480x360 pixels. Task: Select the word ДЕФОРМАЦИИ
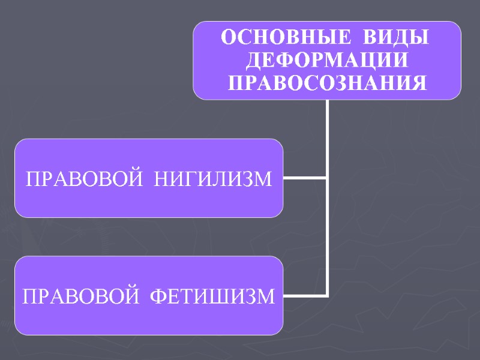click(328, 60)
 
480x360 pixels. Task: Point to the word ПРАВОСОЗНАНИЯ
click(328, 82)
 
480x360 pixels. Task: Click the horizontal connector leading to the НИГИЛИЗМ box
click(305, 178)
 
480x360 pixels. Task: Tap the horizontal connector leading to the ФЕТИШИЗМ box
click(305, 295)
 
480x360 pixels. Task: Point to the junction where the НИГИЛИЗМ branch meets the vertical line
click(328, 178)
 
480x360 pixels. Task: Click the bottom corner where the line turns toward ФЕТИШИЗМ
click(328, 295)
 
